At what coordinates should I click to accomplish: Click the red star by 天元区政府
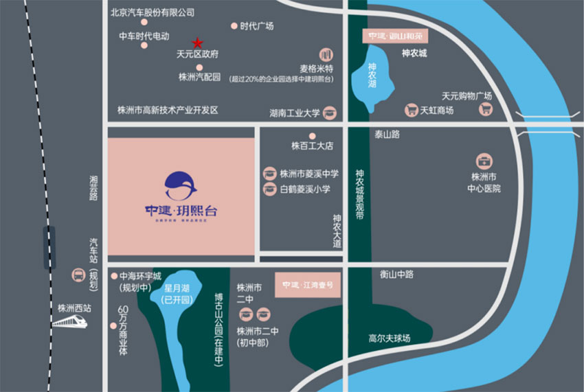(x=197, y=42)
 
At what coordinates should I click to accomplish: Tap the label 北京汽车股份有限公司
(x=153, y=12)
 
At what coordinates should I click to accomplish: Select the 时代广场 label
(x=257, y=26)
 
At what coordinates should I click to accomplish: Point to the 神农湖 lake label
(x=372, y=76)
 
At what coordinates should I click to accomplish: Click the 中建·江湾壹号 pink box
(x=308, y=284)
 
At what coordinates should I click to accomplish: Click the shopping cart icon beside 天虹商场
(x=412, y=110)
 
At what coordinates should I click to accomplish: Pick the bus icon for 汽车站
(x=78, y=276)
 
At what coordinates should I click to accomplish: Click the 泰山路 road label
(x=387, y=135)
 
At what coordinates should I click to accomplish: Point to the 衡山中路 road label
(x=397, y=274)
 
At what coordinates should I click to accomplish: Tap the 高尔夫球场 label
(x=389, y=338)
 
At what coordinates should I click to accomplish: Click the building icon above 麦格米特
(x=326, y=54)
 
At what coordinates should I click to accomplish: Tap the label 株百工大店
(x=311, y=146)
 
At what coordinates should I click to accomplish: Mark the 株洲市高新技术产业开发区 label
(x=168, y=110)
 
